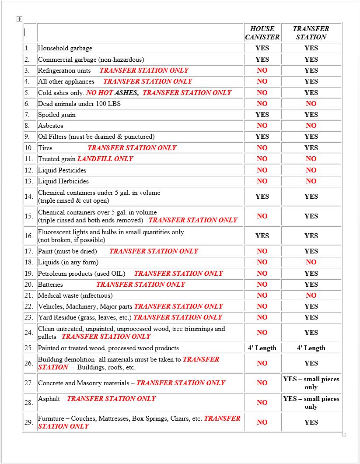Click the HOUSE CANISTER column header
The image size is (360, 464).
[x=262, y=33]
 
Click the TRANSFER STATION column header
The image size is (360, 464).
[x=311, y=33]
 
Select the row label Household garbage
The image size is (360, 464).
[x=65, y=48]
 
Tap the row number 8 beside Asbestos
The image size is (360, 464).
[x=27, y=126]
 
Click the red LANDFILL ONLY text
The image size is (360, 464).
[x=105, y=159]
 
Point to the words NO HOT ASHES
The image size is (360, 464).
[x=112, y=93]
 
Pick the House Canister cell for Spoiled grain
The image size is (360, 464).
[x=262, y=115]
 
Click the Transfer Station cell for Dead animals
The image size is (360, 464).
[x=311, y=104]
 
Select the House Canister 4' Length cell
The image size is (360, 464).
[x=262, y=348]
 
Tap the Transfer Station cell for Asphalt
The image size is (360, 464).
[x=311, y=403]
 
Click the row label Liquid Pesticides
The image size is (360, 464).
[x=62, y=170]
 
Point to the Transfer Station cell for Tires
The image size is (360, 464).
[x=311, y=148]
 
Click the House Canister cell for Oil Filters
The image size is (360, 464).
[x=262, y=137]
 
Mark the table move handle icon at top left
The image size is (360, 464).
[x=19, y=19]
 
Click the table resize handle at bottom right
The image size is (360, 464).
[x=344, y=435]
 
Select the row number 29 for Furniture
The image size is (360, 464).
[x=29, y=422]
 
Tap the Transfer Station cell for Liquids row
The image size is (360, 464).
[x=311, y=262]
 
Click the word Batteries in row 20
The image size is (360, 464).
[x=50, y=285]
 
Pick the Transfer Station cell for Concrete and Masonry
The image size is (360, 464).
[x=311, y=383]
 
